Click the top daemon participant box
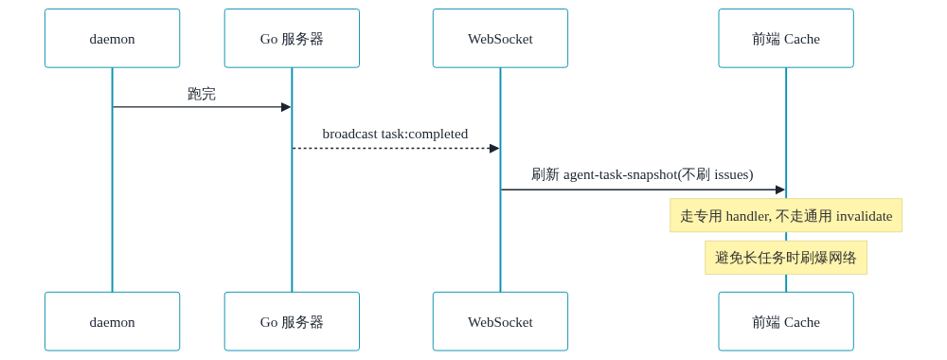[x=113, y=39]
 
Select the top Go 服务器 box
[x=292, y=39]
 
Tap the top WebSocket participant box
[x=500, y=39]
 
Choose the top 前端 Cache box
[x=786, y=39]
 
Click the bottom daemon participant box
[x=113, y=321]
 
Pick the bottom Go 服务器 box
[x=292, y=321]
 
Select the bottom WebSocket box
[x=500, y=321]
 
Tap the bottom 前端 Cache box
[x=786, y=321]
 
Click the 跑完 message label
[x=202, y=94]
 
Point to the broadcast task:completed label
[x=395, y=135]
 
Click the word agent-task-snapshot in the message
[x=620, y=175]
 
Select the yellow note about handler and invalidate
[x=786, y=216]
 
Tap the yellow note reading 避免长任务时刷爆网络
[x=786, y=258]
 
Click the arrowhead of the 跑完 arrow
[x=286, y=107]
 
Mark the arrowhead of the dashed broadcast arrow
[x=494, y=148]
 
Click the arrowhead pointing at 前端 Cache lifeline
[x=779, y=189]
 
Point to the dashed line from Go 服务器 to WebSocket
[x=396, y=148]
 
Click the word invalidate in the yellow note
[x=865, y=216]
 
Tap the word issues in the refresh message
[x=732, y=175]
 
